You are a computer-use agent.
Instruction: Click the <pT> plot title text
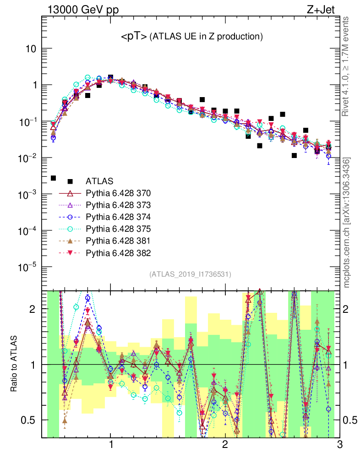pyautogui.click(x=191, y=37)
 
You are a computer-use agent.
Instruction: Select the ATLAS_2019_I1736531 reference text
pyautogui.click(x=190, y=274)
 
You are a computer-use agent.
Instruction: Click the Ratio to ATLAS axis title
pyautogui.click(x=15, y=364)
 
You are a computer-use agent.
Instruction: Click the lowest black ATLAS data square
pyautogui.click(x=53, y=178)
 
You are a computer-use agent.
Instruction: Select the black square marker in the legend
pyautogui.click(x=71, y=181)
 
